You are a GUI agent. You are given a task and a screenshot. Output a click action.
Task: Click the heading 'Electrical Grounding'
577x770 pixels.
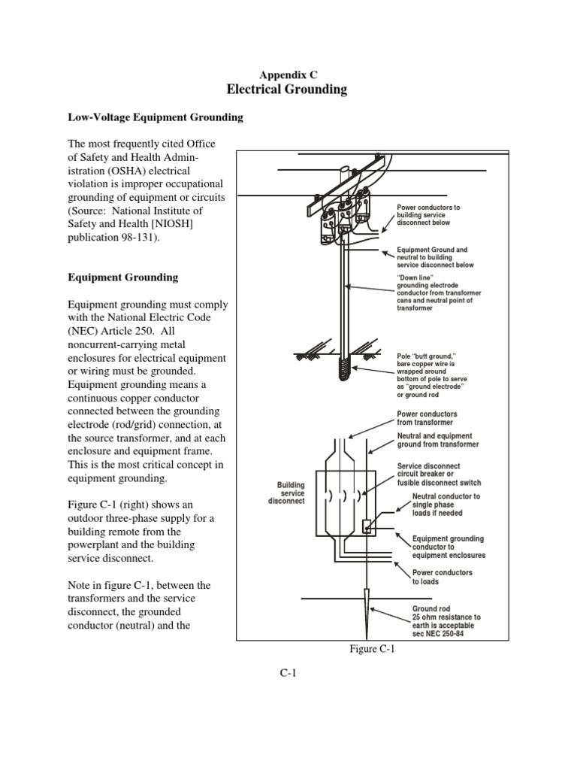[287, 89]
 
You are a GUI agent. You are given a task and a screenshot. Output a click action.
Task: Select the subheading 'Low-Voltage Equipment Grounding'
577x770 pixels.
[156, 118]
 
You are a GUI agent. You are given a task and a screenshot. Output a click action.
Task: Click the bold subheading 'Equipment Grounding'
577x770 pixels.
[123, 277]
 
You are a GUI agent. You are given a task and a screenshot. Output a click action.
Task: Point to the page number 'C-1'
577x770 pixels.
[288, 673]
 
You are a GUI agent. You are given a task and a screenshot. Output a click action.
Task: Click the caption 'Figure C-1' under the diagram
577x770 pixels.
[373, 651]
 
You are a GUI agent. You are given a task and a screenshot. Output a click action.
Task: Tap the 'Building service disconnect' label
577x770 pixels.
[285, 493]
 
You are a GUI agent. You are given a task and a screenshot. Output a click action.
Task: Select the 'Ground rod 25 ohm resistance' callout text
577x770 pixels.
[446, 621]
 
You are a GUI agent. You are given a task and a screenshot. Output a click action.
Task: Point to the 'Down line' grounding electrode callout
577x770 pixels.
[439, 293]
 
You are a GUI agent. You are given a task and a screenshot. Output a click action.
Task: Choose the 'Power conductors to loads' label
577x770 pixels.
[443, 577]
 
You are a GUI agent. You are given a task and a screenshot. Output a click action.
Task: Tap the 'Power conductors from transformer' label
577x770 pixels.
[427, 418]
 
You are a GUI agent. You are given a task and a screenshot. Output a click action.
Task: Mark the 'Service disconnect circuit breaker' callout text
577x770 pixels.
[439, 474]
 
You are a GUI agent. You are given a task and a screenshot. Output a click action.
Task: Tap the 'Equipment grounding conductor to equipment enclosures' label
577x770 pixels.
[448, 547]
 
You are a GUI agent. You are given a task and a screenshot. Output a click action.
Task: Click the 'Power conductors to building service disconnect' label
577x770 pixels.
[428, 216]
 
